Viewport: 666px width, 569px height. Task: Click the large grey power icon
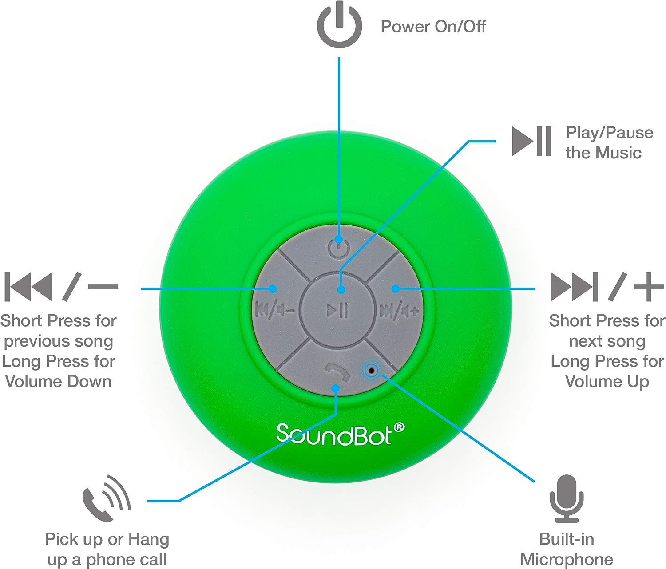pos(339,25)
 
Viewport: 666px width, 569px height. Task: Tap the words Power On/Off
pos(433,26)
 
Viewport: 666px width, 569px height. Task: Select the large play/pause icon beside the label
pos(531,142)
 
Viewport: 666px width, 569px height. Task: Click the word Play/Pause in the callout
pos(610,133)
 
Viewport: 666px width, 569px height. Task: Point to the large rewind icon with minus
pos(61,287)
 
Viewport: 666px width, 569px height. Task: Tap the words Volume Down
pos(58,382)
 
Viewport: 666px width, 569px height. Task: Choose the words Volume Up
pos(607,382)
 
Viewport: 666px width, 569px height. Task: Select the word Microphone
pos(567,560)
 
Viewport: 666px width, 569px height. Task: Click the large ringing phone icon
pos(107,498)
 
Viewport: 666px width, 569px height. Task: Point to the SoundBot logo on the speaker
pos(340,434)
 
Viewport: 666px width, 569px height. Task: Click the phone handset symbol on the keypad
pos(337,372)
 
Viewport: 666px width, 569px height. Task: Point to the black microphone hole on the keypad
pos(372,371)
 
